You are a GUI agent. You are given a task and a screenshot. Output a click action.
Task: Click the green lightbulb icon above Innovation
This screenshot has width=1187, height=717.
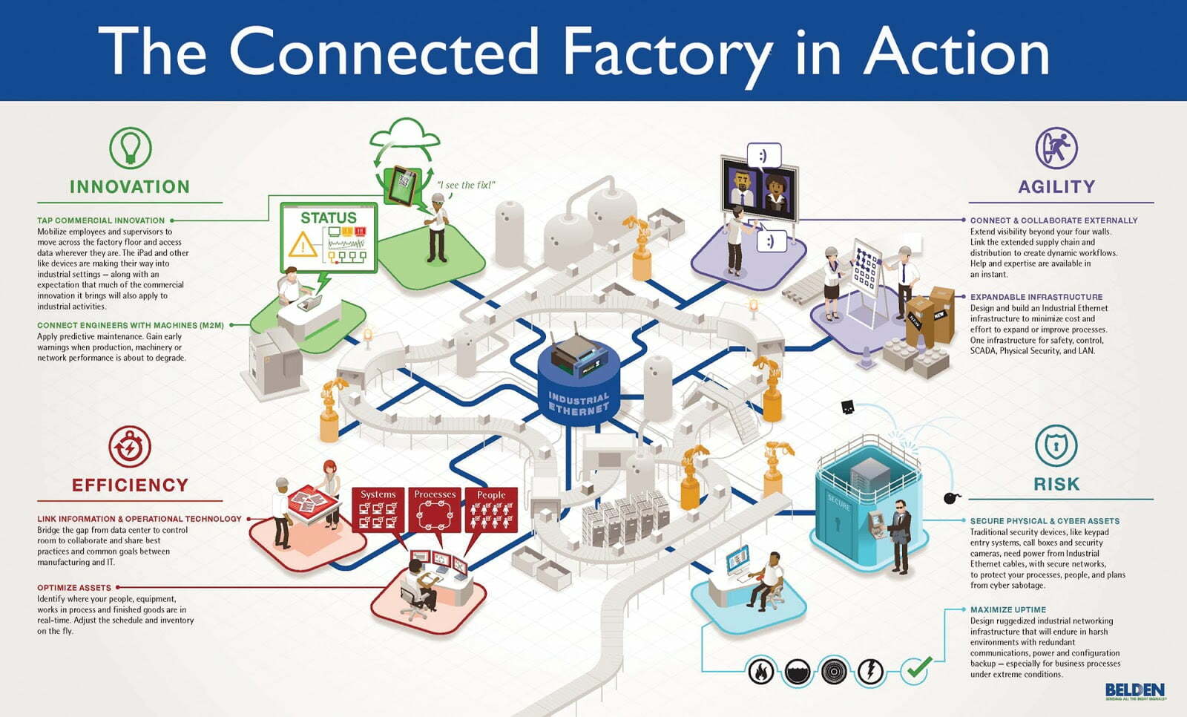click(x=131, y=148)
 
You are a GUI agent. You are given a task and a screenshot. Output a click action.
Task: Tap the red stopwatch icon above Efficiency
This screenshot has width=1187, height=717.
click(x=130, y=447)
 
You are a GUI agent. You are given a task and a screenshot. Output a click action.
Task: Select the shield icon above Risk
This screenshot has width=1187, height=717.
click(x=1056, y=446)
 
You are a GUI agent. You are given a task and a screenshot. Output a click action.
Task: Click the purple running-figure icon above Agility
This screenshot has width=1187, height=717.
click(x=1056, y=148)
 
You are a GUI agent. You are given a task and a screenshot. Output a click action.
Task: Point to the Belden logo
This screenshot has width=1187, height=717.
click(x=1135, y=691)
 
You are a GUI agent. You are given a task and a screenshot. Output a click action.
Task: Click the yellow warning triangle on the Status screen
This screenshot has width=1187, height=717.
click(x=303, y=244)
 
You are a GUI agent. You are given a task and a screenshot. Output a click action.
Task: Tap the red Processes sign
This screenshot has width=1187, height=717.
click(x=435, y=510)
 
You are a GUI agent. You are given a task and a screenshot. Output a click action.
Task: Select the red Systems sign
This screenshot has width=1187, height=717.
click(x=378, y=510)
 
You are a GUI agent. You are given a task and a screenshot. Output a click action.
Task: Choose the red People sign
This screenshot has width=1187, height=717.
click(x=491, y=510)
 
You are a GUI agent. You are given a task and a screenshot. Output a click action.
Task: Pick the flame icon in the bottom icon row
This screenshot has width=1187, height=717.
click(x=761, y=672)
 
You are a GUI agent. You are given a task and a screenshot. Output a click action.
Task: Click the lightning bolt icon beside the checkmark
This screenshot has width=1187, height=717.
click(x=870, y=672)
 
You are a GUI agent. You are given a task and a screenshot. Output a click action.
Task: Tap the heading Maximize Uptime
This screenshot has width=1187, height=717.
click(x=1008, y=610)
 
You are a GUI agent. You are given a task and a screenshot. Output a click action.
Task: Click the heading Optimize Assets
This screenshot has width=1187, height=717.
click(x=74, y=588)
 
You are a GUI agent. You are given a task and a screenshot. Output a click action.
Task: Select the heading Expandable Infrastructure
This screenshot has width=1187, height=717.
click(x=1036, y=297)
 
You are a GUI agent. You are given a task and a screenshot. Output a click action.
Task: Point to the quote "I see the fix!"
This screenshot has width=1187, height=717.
click(x=466, y=185)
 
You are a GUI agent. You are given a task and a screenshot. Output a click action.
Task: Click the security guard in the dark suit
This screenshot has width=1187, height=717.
click(x=898, y=537)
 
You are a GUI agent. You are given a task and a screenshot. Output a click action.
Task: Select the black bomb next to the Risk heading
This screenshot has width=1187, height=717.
click(x=951, y=498)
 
